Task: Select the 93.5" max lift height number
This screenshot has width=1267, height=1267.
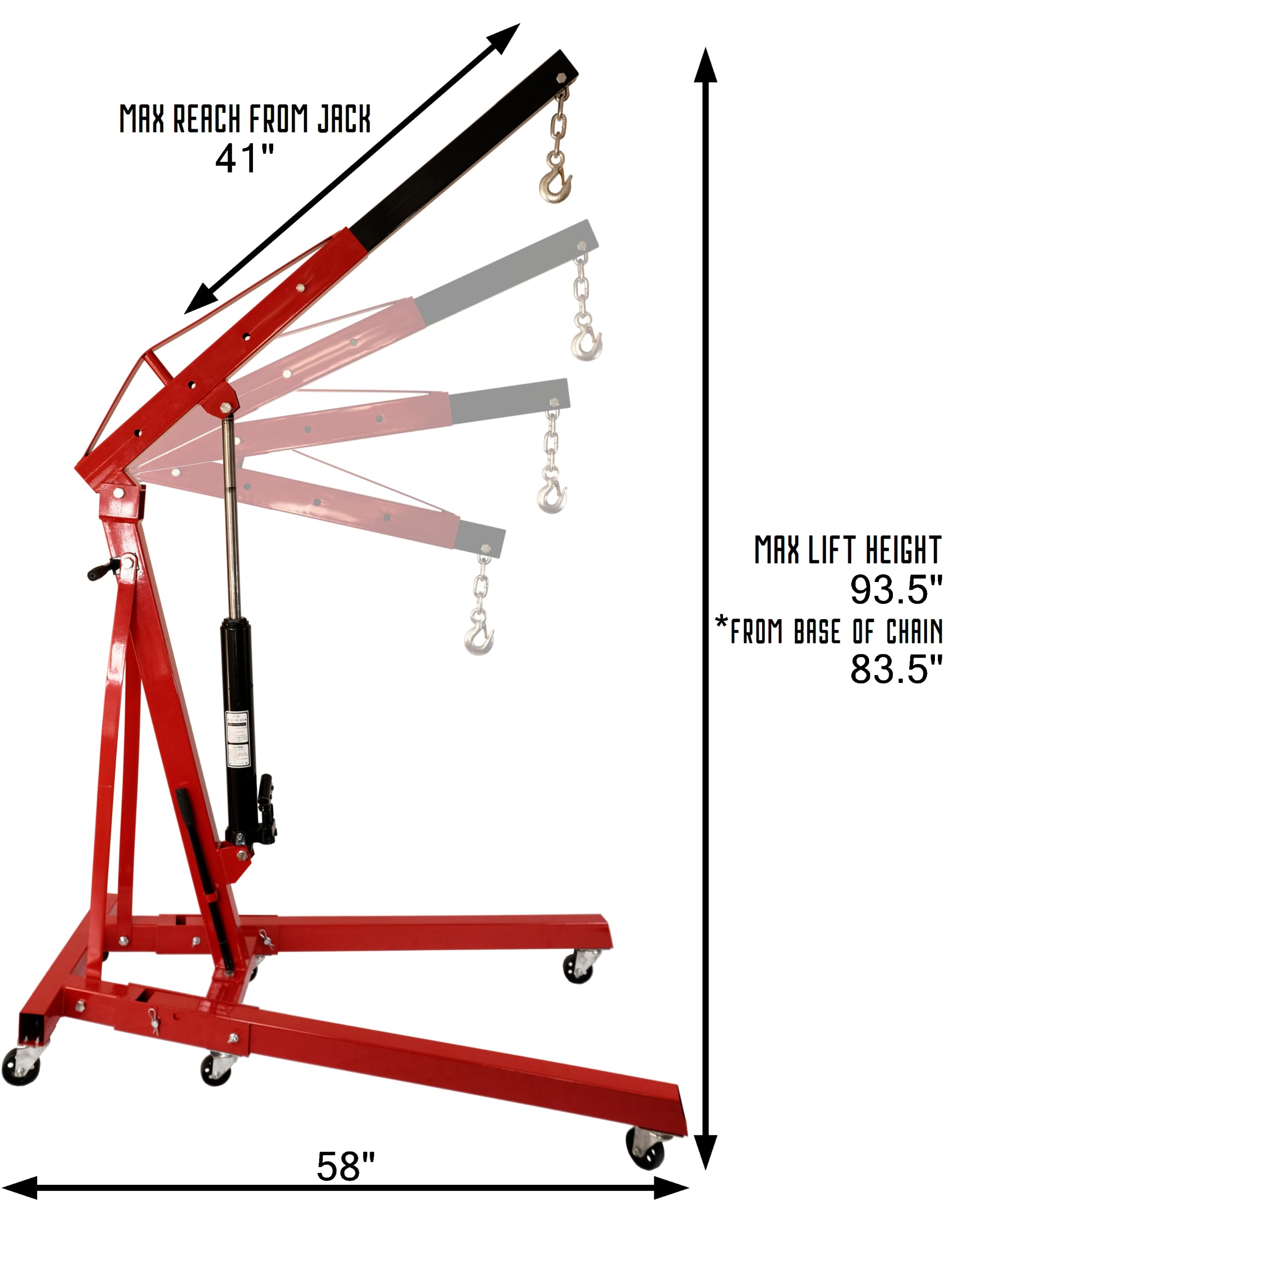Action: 896,589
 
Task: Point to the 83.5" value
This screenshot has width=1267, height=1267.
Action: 896,670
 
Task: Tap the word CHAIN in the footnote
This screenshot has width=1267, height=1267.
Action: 914,632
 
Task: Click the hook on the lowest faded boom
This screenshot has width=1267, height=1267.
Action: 480,636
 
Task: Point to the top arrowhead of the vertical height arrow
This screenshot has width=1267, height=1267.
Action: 706,66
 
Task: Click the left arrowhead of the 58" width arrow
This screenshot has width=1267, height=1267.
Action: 20,1188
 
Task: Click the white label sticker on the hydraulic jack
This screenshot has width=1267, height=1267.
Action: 238,738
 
